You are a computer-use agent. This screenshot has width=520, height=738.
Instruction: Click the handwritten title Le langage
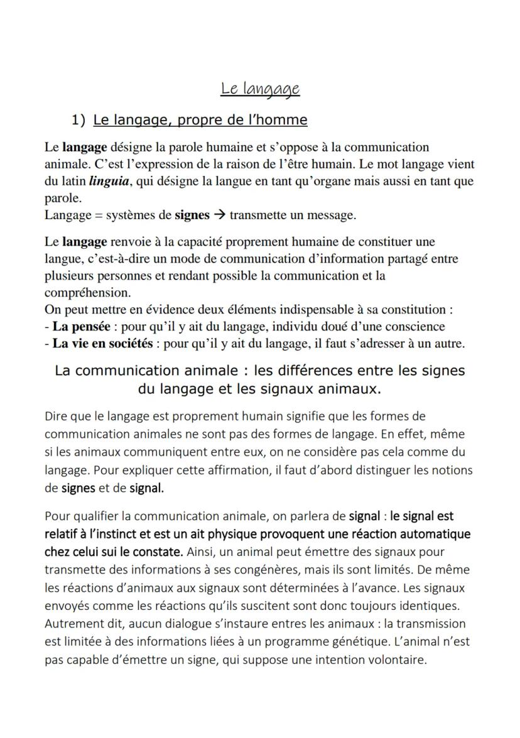(x=260, y=89)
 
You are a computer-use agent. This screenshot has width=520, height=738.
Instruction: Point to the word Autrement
(x=71, y=624)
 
